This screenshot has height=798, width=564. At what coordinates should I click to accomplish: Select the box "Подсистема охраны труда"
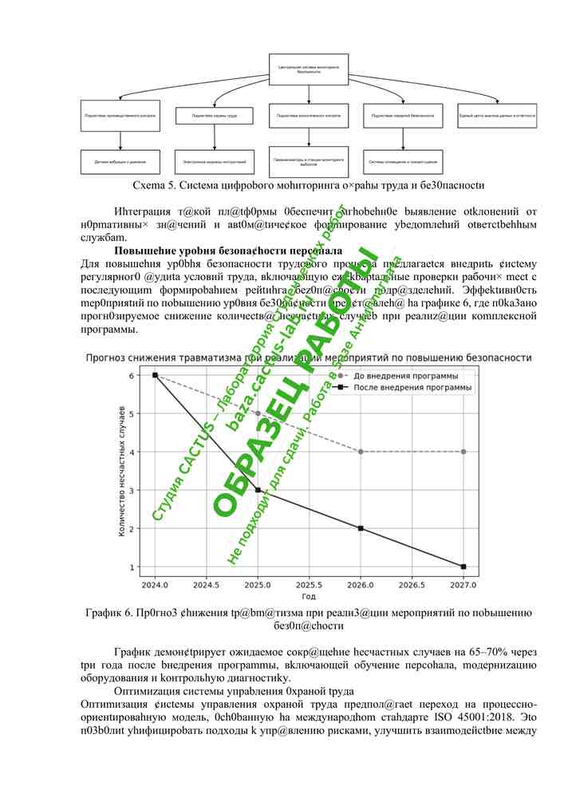click(214, 117)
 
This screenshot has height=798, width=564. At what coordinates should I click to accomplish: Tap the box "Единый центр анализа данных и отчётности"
click(497, 117)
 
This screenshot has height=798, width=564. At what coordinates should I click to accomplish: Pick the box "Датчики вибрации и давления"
click(120, 162)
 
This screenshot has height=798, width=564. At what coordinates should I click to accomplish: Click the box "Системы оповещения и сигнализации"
click(402, 162)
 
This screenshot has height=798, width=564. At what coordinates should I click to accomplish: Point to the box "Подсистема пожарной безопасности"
click(402, 117)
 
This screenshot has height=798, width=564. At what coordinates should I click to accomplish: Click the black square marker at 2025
click(258, 490)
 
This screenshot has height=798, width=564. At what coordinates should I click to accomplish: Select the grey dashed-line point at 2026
click(361, 452)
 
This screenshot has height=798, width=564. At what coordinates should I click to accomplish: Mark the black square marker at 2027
click(463, 567)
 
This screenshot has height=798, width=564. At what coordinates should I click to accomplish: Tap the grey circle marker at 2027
click(463, 452)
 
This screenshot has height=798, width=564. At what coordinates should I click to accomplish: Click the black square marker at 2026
click(361, 528)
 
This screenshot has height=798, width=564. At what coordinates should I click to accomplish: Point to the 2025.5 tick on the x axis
click(310, 585)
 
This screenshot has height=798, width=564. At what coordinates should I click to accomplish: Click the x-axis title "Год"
click(309, 597)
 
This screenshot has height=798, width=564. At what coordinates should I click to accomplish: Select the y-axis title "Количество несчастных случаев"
click(122, 471)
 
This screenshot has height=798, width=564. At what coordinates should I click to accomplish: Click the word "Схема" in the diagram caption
click(148, 185)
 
